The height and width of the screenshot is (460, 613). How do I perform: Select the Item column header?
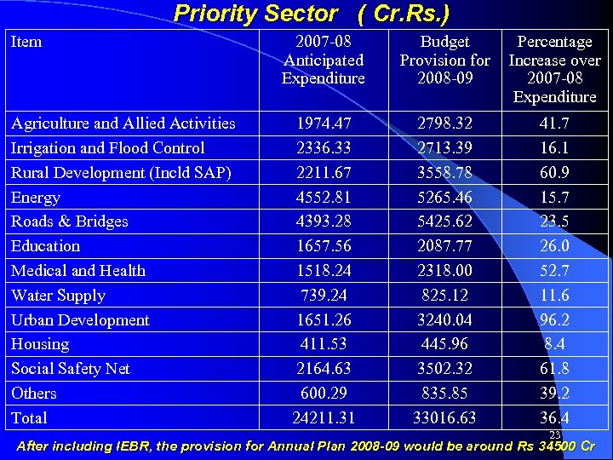coord(26,42)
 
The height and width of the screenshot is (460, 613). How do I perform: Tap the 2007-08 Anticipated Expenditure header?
coord(324,60)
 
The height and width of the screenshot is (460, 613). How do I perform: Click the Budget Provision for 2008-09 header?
coord(445,60)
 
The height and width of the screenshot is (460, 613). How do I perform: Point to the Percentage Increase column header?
coord(554,69)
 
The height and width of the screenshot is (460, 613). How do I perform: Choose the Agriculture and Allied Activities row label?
coord(123,124)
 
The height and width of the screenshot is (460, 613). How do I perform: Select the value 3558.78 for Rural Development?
coord(445,173)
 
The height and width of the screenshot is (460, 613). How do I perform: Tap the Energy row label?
coord(36,198)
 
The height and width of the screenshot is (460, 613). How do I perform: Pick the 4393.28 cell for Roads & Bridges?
coord(324,221)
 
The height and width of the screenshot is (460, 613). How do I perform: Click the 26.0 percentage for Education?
coord(554,246)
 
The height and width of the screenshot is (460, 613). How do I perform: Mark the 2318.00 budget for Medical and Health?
coord(445,271)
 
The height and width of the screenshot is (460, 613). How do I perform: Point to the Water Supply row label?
coord(58,296)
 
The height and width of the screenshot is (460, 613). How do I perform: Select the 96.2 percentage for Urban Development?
coord(554,320)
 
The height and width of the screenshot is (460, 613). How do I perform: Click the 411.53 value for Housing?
coord(324,344)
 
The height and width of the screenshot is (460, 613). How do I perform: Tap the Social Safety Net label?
coord(71,369)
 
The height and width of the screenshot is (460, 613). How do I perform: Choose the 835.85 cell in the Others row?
coord(445,394)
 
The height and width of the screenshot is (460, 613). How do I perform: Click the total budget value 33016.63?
coord(445,418)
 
